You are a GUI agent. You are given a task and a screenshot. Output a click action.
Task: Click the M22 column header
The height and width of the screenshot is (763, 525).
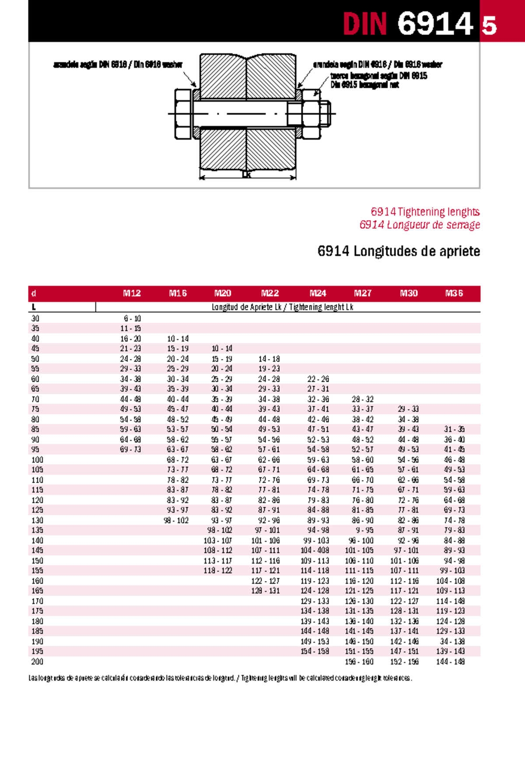point(269,293)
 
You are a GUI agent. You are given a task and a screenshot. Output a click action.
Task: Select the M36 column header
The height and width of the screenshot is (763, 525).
point(454,293)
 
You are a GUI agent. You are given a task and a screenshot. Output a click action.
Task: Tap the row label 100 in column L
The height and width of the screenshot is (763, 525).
point(37,460)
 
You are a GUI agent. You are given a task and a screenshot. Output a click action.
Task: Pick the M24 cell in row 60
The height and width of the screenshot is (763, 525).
point(318,379)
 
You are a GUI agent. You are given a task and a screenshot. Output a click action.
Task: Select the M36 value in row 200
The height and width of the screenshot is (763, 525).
point(450,662)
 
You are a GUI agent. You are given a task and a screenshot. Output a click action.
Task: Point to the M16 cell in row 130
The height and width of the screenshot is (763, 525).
point(176,520)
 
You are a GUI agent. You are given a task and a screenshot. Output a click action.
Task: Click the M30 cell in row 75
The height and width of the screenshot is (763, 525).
point(408,409)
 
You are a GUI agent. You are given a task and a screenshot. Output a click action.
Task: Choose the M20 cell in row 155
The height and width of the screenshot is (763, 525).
point(217,571)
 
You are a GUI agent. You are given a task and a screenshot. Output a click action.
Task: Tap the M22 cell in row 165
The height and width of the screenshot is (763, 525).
point(265,591)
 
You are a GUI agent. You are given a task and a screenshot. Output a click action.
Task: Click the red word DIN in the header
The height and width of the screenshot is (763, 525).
point(364,24)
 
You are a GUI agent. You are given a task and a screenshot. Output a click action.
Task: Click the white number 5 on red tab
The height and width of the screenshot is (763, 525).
point(489,26)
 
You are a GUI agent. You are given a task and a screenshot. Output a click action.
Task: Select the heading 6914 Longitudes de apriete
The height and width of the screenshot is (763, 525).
point(399,251)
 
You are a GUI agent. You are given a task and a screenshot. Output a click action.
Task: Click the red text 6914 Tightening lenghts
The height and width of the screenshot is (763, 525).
point(425,212)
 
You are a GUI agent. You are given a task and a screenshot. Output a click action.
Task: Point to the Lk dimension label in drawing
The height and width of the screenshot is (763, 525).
point(246,174)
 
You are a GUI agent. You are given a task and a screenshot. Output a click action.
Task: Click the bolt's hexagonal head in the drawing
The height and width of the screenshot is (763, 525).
point(182,114)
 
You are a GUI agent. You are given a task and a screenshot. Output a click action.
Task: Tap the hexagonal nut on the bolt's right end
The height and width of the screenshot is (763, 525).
point(311,114)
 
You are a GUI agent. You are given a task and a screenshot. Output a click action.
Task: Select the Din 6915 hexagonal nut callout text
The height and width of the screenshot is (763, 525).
point(364,85)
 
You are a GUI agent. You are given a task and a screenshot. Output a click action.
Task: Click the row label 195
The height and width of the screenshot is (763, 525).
point(37,651)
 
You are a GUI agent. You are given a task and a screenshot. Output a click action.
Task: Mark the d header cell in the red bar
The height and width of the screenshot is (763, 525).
point(34,293)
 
